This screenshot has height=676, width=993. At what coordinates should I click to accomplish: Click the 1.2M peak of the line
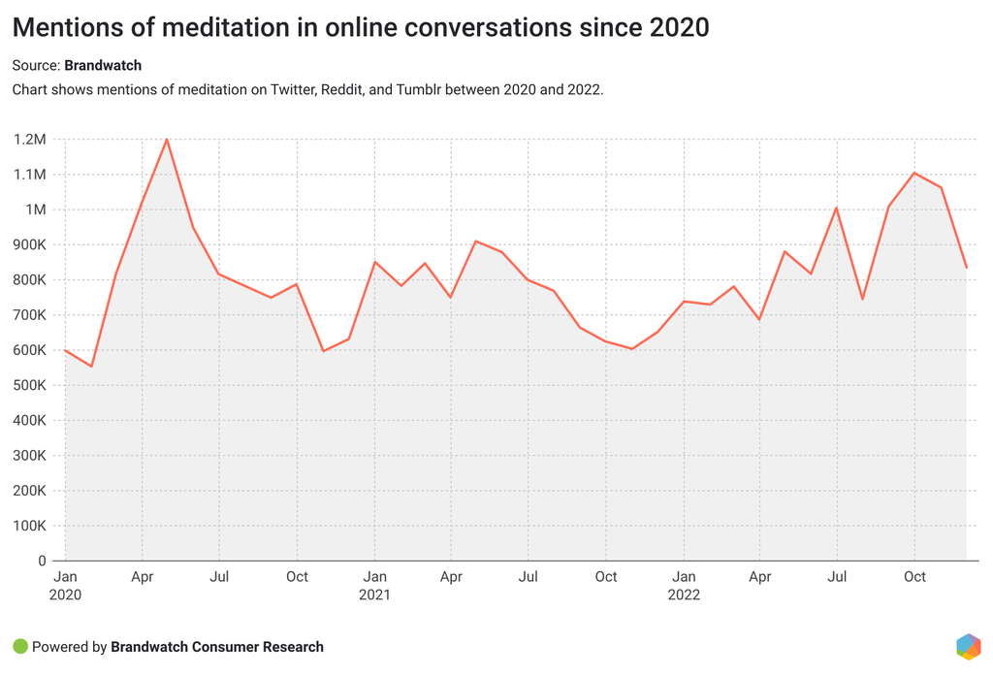point(167,140)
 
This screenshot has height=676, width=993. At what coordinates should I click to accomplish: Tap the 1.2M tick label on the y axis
point(29,140)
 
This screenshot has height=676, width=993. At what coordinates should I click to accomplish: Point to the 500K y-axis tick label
point(29,385)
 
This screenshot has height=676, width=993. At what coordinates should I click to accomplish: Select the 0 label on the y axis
point(42,561)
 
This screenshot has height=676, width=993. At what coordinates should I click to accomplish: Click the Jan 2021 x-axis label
point(374,585)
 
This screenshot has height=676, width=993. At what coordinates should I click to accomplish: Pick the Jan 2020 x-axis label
point(65,585)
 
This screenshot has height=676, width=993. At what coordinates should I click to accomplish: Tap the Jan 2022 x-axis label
point(684,585)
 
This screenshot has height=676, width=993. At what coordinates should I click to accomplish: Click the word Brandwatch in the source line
point(103,66)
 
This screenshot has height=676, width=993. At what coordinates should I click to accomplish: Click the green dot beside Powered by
point(19,647)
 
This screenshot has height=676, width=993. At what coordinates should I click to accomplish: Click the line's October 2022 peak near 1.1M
point(914,173)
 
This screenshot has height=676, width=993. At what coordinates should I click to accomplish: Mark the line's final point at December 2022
point(966,268)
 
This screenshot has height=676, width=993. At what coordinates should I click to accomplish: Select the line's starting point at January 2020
point(65,350)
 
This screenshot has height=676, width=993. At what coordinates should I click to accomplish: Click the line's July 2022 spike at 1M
point(836,208)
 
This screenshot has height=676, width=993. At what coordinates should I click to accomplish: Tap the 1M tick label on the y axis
point(35,209)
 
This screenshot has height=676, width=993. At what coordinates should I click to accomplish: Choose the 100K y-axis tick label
point(29,526)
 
